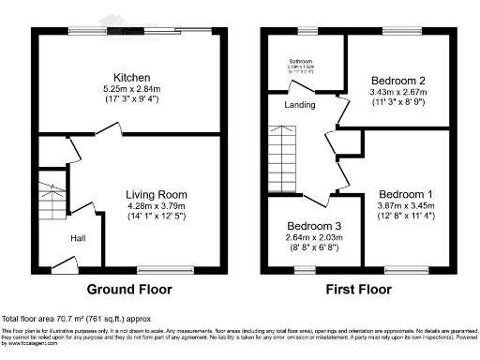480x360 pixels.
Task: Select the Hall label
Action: (80, 238)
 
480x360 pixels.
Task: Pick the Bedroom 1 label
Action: (397, 193)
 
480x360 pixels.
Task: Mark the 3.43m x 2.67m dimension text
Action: (398, 94)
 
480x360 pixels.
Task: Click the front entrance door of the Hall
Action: (64, 270)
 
